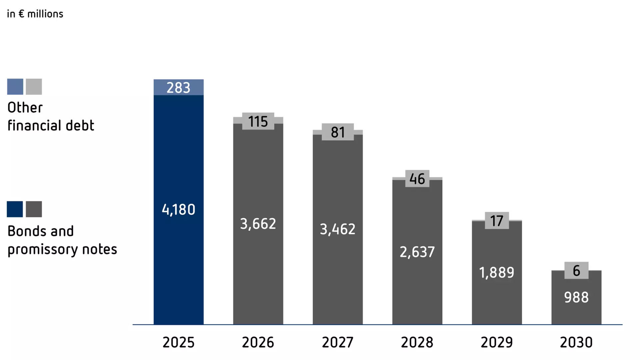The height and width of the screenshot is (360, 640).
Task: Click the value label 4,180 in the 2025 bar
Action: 178,210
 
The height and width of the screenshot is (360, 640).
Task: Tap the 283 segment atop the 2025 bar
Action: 178,87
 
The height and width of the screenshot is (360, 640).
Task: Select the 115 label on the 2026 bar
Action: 258,121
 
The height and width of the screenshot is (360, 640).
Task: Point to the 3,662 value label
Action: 258,224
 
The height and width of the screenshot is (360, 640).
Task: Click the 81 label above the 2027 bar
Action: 338,132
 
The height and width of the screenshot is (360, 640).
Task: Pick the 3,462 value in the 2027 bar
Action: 338,229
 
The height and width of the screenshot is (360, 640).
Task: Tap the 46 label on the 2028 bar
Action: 417,179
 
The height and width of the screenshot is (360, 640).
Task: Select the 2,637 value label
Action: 417,252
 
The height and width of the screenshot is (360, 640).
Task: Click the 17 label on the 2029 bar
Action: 497,221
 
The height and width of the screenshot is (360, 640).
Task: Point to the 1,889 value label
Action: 497,273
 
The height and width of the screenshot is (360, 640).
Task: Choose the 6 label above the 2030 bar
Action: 576,271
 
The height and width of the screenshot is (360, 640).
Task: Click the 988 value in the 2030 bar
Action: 576,297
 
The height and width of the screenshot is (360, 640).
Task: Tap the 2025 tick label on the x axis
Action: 178,342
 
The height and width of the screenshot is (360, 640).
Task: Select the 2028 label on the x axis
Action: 417,342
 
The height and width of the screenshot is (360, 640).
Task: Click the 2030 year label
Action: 576,342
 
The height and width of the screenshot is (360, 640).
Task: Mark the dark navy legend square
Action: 15,209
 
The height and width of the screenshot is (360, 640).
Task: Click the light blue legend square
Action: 15,87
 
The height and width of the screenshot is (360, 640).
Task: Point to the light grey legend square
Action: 34,87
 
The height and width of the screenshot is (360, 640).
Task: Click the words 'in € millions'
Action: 35,14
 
